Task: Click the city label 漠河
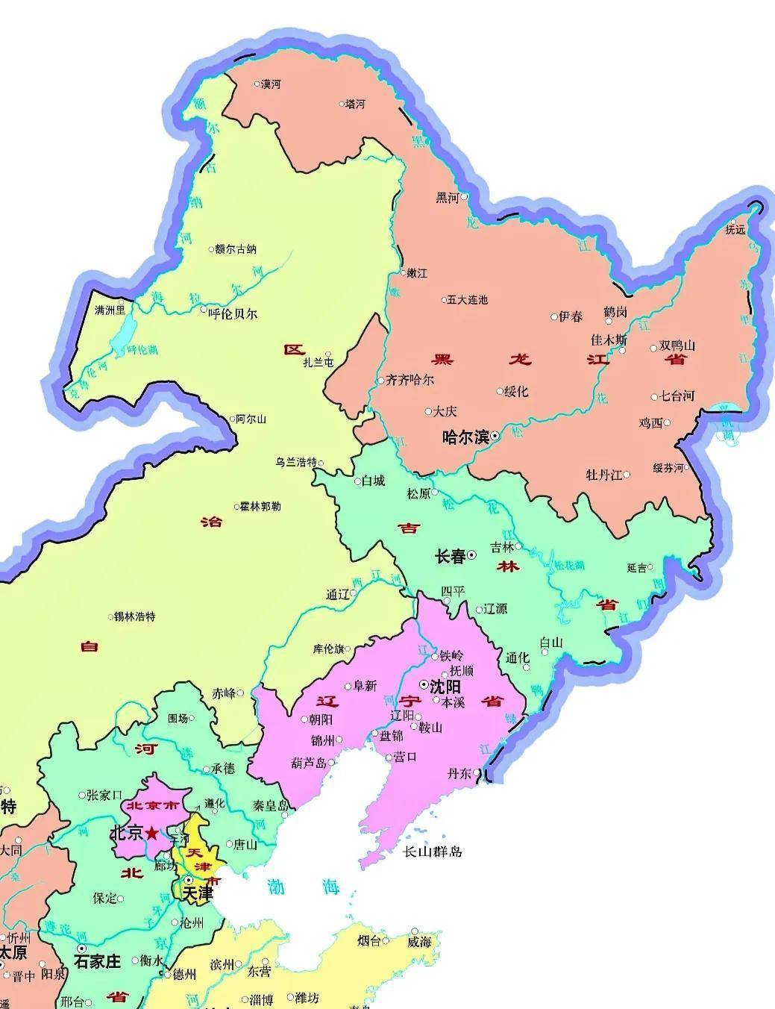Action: pyautogui.click(x=271, y=85)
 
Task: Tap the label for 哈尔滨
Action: pyautogui.click(x=465, y=437)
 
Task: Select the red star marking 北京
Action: pyautogui.click(x=152, y=833)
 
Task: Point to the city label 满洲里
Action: pyautogui.click(x=110, y=309)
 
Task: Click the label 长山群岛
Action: pyautogui.click(x=433, y=852)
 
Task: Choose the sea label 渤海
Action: pyautogui.click(x=304, y=887)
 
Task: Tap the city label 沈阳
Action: pyautogui.click(x=445, y=687)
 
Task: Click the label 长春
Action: pyautogui.click(x=450, y=557)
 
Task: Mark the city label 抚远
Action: pyautogui.click(x=735, y=230)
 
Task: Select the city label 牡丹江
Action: pyautogui.click(x=603, y=475)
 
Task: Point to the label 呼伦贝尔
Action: pyautogui.click(x=232, y=314)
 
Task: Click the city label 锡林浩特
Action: pyautogui.click(x=135, y=616)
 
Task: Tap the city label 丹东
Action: pyautogui.click(x=459, y=774)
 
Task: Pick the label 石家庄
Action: pyautogui.click(x=97, y=961)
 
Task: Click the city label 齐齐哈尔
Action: pyautogui.click(x=410, y=380)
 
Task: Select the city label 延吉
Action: pyautogui.click(x=637, y=568)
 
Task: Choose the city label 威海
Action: pyautogui.click(x=419, y=942)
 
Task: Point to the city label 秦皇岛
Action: pyautogui.click(x=271, y=806)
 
